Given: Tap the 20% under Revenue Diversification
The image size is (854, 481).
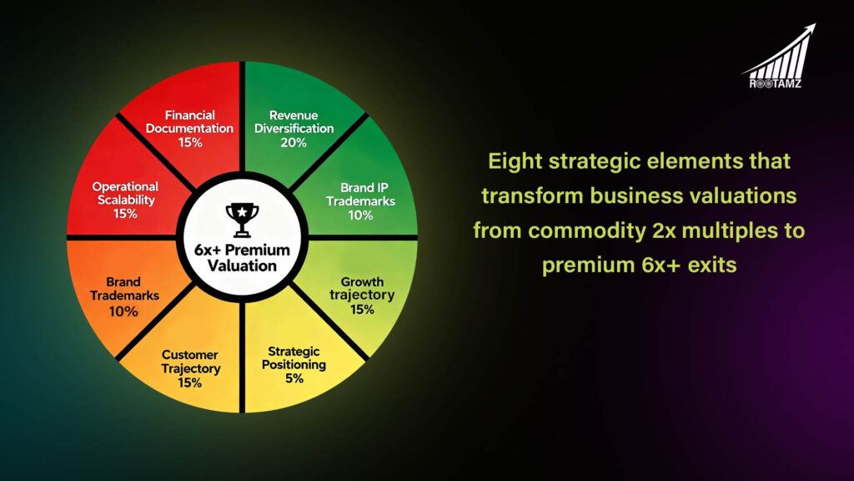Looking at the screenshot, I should point(294,143).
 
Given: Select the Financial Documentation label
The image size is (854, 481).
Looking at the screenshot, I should point(190,122).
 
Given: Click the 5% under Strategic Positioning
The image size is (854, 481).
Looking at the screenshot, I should point(294,378).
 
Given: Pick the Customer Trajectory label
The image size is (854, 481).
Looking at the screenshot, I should point(190,362).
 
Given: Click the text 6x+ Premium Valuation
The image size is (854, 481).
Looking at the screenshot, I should point(242,258).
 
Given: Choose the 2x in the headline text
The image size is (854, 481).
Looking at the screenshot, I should point(627,230).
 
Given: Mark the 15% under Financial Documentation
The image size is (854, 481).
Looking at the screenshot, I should point(190,143).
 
